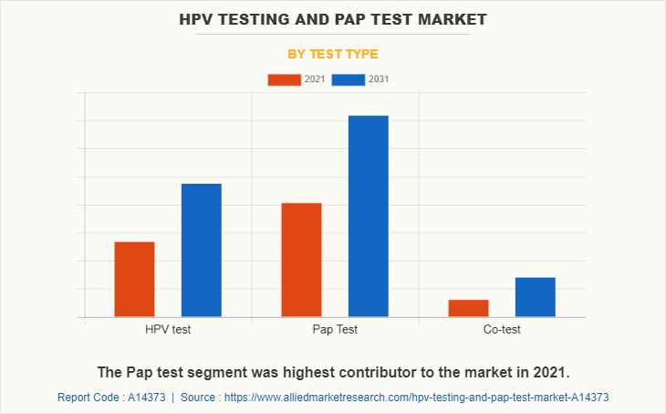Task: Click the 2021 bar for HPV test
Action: [134, 279]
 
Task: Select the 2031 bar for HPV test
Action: [201, 250]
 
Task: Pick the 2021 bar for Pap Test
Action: [301, 260]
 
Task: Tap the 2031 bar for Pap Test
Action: [368, 216]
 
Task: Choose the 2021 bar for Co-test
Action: [468, 308]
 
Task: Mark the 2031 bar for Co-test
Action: [535, 297]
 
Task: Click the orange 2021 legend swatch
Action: [284, 80]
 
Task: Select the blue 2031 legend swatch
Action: [349, 80]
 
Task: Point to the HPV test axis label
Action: [168, 329]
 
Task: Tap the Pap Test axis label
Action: [335, 329]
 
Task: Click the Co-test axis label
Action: [502, 329]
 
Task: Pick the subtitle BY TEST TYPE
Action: [333, 54]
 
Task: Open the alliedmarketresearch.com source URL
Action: [416, 398]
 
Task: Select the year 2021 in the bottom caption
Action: [547, 373]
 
